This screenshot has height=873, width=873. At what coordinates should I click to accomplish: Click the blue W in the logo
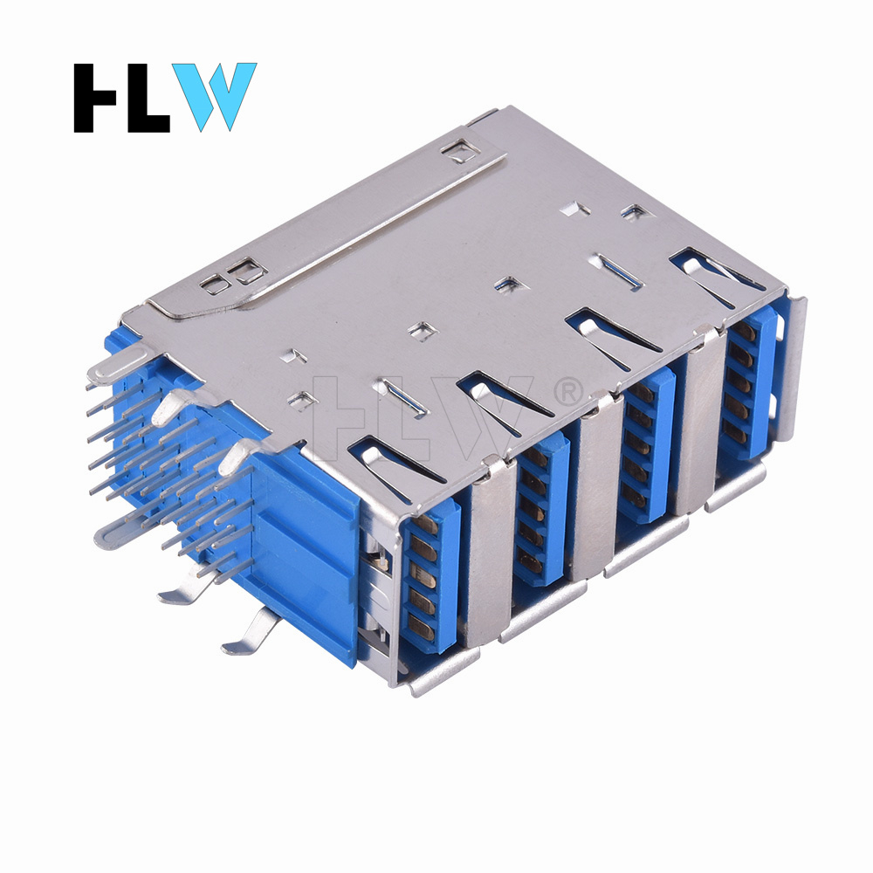[x=215, y=96]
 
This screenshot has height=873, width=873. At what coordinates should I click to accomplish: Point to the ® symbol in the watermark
[x=568, y=391]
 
